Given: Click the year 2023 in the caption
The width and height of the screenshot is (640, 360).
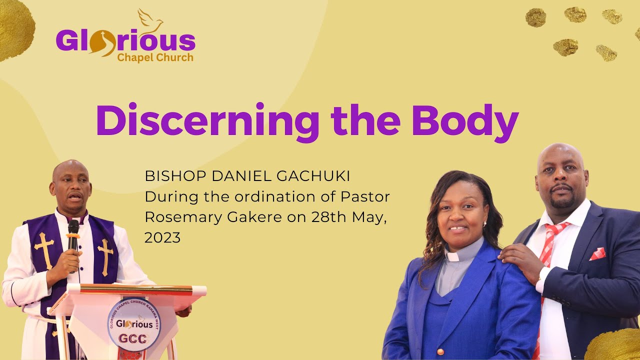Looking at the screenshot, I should pyautogui.click(x=162, y=237).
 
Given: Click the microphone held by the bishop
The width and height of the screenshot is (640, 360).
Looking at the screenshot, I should pyautogui.click(x=73, y=235).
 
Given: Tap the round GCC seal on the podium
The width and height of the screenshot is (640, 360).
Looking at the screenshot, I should pyautogui.click(x=134, y=324).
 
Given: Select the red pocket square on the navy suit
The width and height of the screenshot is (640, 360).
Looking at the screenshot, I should pyautogui.click(x=597, y=254).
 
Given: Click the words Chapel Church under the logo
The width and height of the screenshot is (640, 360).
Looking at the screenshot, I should pyautogui.click(x=155, y=57).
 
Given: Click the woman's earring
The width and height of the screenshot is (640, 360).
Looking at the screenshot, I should pyautogui.click(x=484, y=224).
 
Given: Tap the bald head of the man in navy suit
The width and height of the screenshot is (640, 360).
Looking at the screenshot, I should pyautogui.click(x=560, y=155).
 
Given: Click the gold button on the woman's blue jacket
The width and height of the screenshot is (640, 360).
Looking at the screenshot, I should pyautogui.click(x=440, y=351).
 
